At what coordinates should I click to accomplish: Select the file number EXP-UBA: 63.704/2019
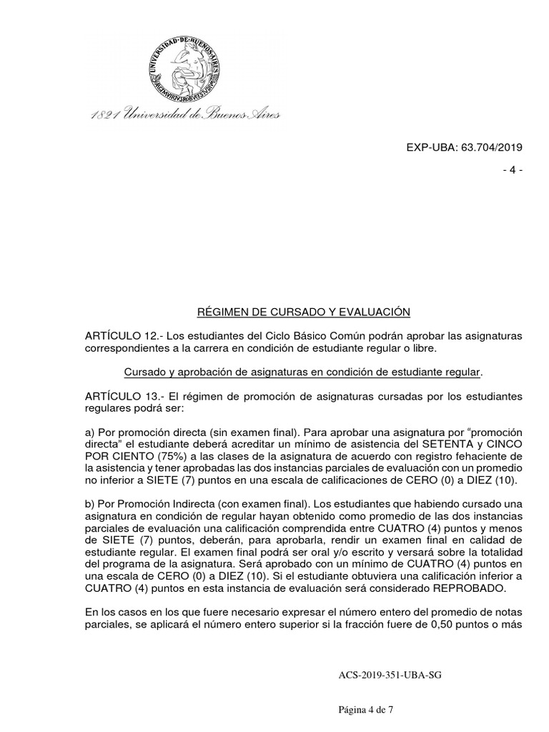click(x=465, y=147)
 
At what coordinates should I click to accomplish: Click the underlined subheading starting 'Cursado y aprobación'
click(x=303, y=372)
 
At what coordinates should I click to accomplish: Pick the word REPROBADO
click(x=472, y=588)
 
